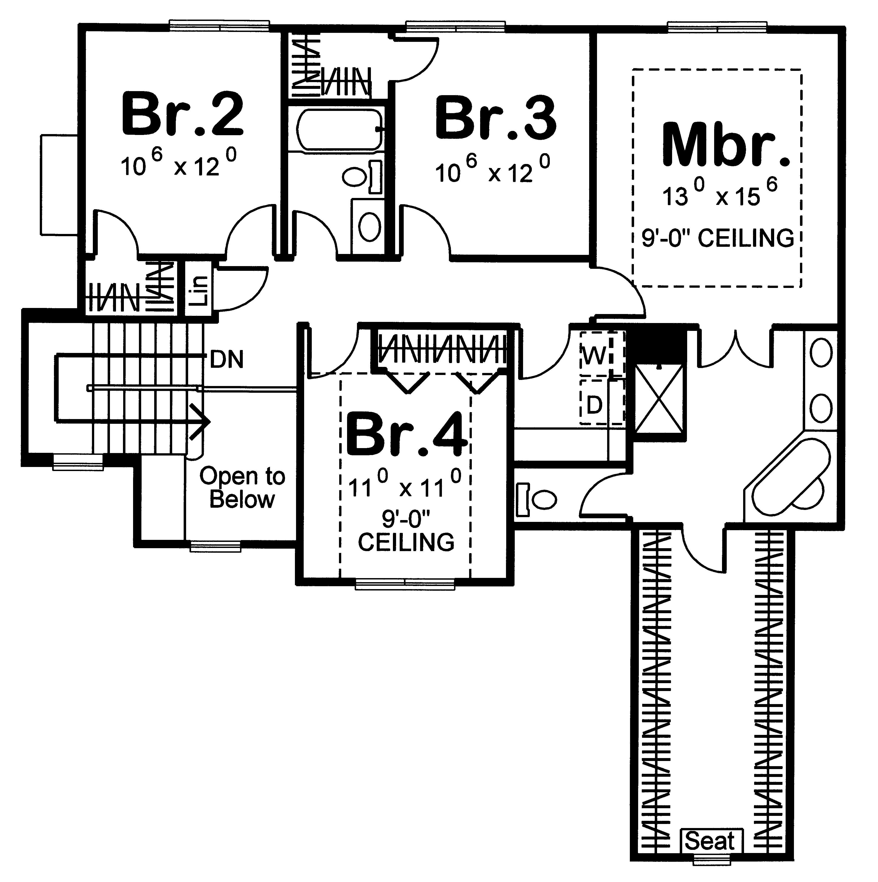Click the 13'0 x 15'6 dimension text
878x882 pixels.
(x=719, y=193)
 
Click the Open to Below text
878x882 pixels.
(x=242, y=488)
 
